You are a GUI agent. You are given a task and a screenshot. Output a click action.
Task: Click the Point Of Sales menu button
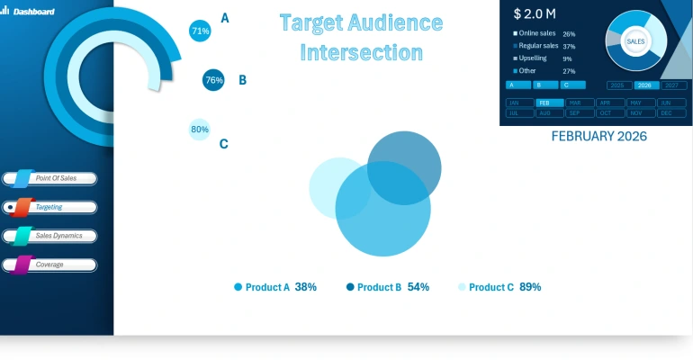click(56, 178)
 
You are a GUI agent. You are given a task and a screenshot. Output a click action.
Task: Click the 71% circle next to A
click(200, 31)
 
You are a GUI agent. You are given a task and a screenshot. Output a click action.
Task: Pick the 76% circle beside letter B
click(213, 80)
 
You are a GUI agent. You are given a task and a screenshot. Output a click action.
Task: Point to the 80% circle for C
click(199, 129)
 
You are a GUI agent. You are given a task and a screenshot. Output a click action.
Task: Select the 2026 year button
click(644, 85)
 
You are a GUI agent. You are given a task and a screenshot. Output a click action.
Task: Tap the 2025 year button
click(617, 85)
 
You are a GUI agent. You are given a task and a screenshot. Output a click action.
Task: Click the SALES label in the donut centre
click(635, 41)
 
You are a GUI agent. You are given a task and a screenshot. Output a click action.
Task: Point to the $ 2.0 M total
click(534, 13)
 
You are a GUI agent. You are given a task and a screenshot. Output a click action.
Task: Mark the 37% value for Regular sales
click(569, 46)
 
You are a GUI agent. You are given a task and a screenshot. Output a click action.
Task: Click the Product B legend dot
click(350, 287)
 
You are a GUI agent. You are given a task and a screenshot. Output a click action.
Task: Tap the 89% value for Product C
click(530, 287)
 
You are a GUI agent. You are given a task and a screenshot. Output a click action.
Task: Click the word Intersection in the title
click(361, 52)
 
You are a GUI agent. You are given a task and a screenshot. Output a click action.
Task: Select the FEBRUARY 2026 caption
click(598, 137)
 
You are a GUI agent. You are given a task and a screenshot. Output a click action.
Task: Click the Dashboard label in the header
click(33, 12)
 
